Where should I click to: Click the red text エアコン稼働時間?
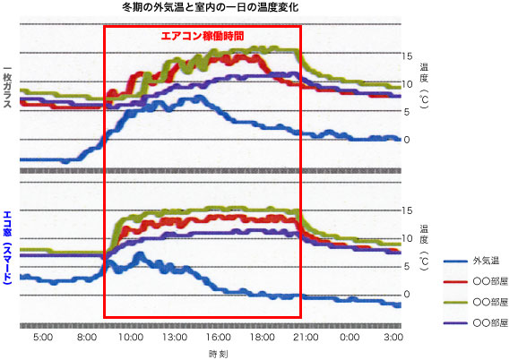click(202, 36)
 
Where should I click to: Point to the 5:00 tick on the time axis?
click(42, 338)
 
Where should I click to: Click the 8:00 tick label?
click(86, 338)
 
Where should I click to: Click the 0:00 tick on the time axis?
click(350, 338)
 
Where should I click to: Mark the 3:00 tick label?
click(393, 338)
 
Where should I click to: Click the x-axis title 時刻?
click(218, 354)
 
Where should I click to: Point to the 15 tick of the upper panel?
click(407, 56)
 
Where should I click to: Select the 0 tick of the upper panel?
click(407, 140)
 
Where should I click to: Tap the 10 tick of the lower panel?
click(407, 238)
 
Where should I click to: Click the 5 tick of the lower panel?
click(407, 266)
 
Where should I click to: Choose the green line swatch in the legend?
click(455, 301)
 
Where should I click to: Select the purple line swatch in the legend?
click(455, 321)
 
